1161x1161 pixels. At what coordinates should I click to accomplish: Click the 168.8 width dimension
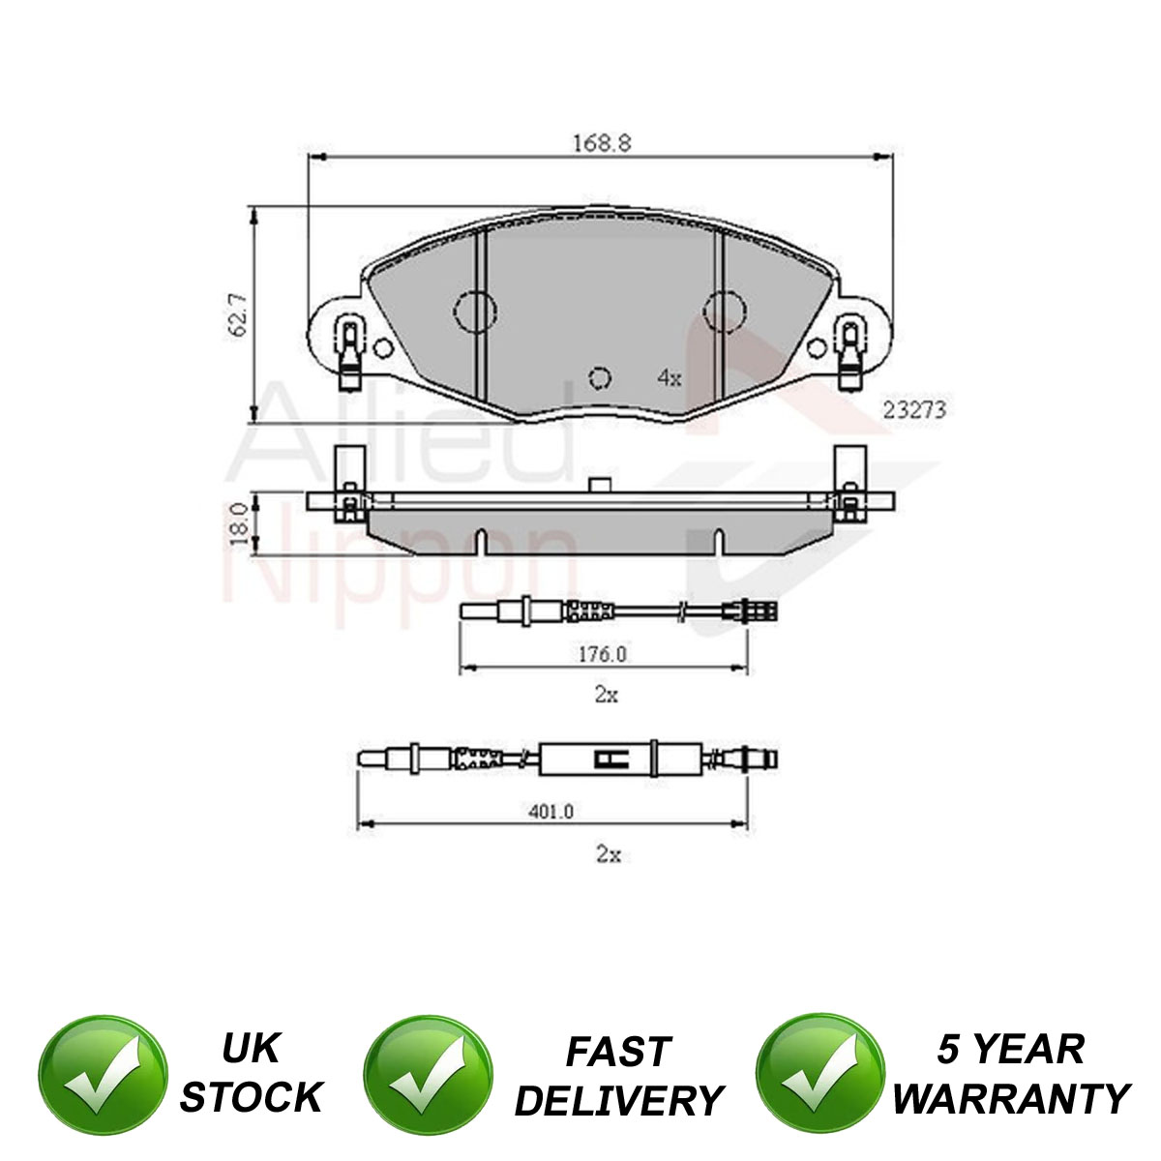pyautogui.click(x=601, y=143)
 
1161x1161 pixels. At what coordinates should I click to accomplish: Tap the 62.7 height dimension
pyautogui.click(x=239, y=314)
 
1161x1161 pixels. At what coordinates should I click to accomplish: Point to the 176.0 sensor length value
pyautogui.click(x=603, y=654)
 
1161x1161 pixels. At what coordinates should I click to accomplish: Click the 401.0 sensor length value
pyautogui.click(x=551, y=812)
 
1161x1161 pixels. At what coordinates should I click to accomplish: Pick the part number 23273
pyautogui.click(x=914, y=410)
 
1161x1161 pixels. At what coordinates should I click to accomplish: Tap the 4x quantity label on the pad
pyautogui.click(x=670, y=378)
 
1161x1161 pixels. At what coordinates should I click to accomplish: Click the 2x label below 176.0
pyautogui.click(x=606, y=696)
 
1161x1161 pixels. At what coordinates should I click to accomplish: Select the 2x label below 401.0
pyautogui.click(x=609, y=854)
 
